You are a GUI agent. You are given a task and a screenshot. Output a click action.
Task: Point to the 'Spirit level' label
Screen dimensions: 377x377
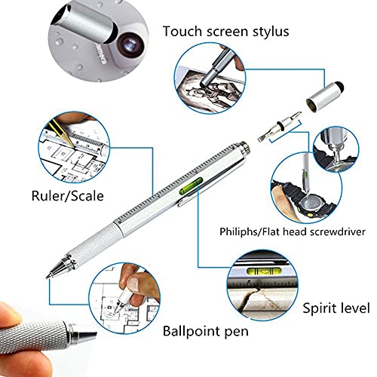tap(336, 308)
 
